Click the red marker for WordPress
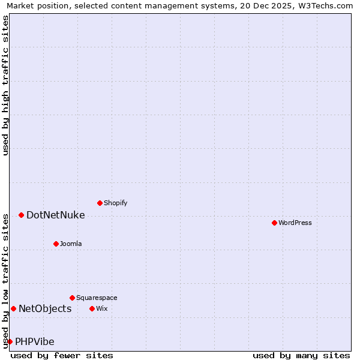tap(274, 223)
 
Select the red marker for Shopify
tap(100, 203)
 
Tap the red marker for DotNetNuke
tap(21, 215)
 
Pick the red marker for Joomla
tap(56, 244)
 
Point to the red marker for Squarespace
tap(72, 298)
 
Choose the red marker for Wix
tap(92, 308)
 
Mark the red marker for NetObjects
tap(13, 308)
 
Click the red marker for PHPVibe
tap(10, 341)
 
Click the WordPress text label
tap(295, 223)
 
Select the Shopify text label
tap(116, 203)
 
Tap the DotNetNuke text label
tap(55, 215)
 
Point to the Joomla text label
tap(71, 244)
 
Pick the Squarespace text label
tap(97, 298)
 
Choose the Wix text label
tap(101, 308)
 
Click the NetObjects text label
tap(45, 308)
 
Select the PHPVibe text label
tap(35, 341)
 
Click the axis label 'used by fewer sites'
tap(62, 355)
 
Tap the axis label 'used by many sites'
tap(301, 355)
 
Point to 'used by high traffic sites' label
tap(5, 85)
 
